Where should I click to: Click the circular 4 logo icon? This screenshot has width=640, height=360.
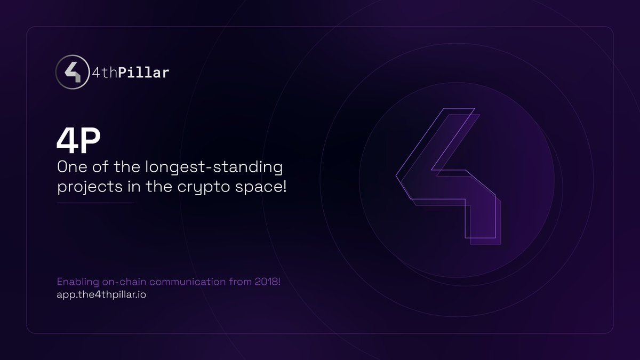pyautogui.click(x=72, y=73)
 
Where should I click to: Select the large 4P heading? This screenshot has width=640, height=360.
pyautogui.click(x=79, y=140)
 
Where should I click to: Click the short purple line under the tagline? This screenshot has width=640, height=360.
pyautogui.click(x=95, y=203)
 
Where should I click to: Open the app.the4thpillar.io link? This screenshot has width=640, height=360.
pyautogui.click(x=101, y=294)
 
